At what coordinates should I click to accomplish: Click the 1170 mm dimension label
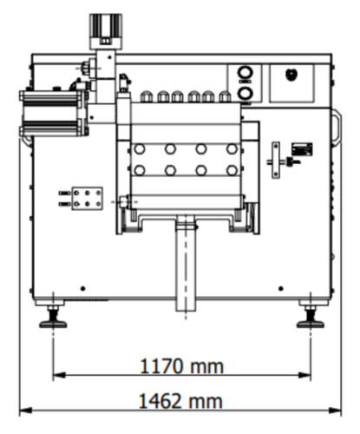tap(182, 366)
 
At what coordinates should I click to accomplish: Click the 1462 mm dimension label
tap(181, 401)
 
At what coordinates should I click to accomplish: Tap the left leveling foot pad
tap(53, 324)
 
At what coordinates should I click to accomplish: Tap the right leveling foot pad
tap(311, 324)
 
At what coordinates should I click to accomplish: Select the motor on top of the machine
tap(106, 31)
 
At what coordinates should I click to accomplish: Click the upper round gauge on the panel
tap(245, 72)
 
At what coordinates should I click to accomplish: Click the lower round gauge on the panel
tap(245, 94)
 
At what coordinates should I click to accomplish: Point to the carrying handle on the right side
tap(337, 127)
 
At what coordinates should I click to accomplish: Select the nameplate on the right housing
tap(302, 149)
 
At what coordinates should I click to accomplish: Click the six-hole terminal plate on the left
tap(87, 199)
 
